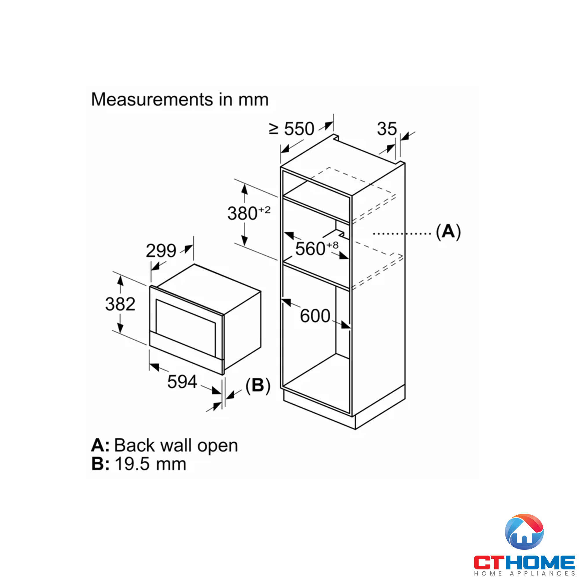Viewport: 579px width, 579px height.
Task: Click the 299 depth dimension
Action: pos(161,250)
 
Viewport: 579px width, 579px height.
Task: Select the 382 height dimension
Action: pos(120,304)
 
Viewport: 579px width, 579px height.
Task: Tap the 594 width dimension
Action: pos(182,382)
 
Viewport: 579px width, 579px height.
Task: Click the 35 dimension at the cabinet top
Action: pos(386,129)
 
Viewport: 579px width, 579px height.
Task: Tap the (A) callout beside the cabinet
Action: pos(448,232)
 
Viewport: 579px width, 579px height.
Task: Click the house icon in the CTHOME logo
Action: pos(524,532)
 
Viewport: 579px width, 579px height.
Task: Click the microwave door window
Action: pos(186,327)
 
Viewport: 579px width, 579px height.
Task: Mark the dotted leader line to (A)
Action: pos(402,233)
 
